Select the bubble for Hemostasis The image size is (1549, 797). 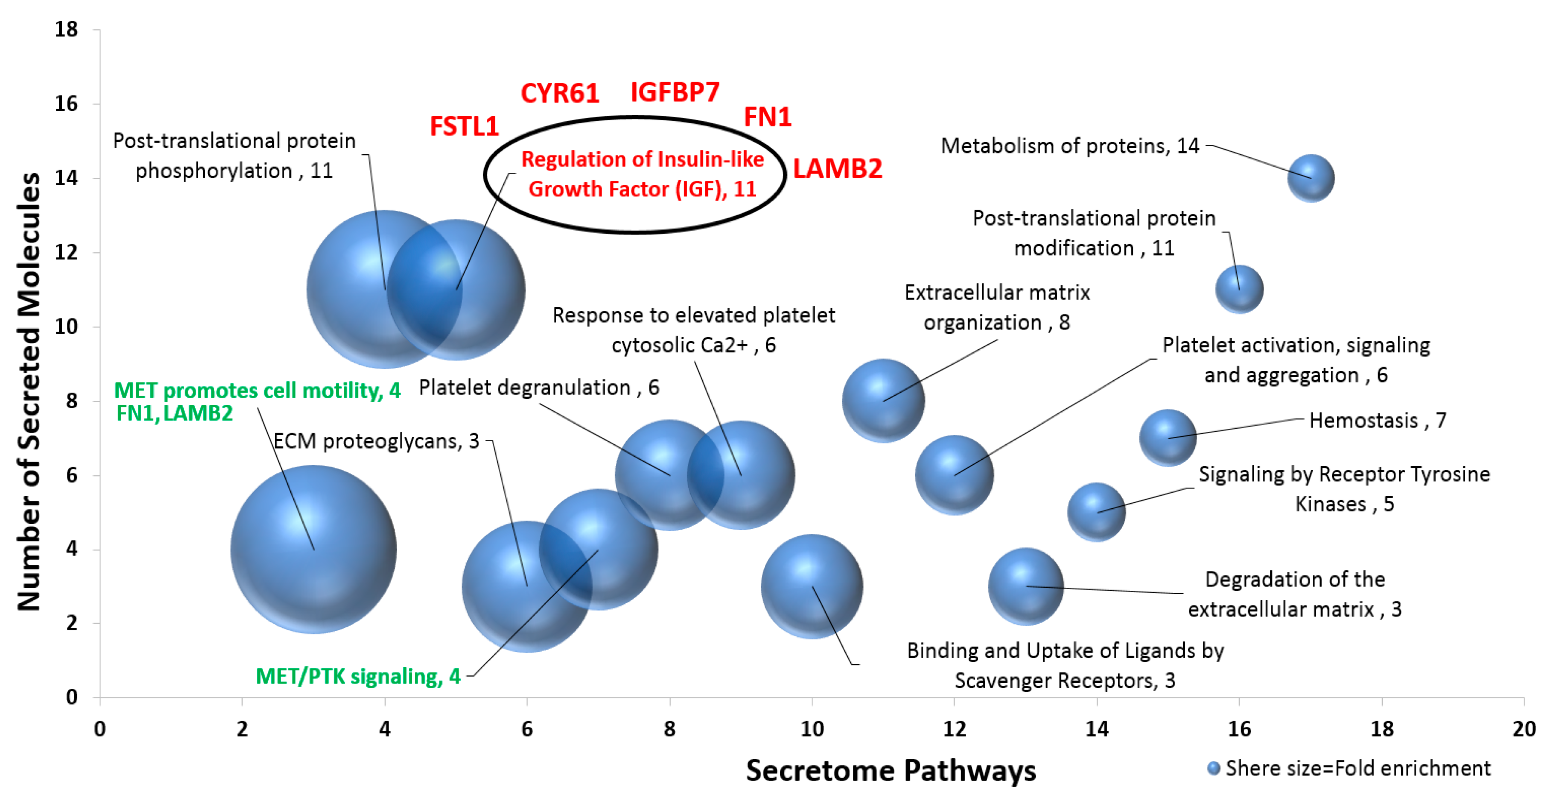pyautogui.click(x=1167, y=438)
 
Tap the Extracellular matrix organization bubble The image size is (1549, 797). pyautogui.click(x=883, y=400)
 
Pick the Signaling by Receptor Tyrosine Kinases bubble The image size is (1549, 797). pyautogui.click(x=1096, y=513)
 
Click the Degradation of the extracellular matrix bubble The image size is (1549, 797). pyautogui.click(x=1026, y=586)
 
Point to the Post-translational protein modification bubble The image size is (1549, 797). pyautogui.click(x=1239, y=289)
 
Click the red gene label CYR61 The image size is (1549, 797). pyautogui.click(x=559, y=94)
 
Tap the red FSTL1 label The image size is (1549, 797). pyautogui.click(x=464, y=127)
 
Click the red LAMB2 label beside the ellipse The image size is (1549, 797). pyautogui.click(x=837, y=169)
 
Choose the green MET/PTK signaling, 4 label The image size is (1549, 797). pyautogui.click(x=358, y=677)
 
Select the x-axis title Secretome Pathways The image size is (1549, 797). pyautogui.click(x=891, y=770)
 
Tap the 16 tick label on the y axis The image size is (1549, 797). pyautogui.click(x=66, y=104)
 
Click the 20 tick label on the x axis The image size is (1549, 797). pyautogui.click(x=1524, y=729)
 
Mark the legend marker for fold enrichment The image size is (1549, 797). pyautogui.click(x=1214, y=768)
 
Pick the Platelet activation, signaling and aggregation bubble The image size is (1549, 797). pyautogui.click(x=954, y=475)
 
